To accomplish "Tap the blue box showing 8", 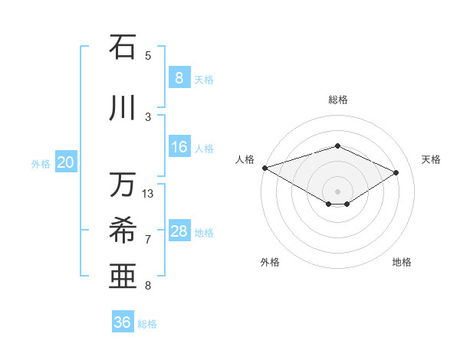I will coord(179,77).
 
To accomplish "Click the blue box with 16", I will coord(179,147).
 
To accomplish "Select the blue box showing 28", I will coord(179,231).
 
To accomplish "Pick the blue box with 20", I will coord(66,162).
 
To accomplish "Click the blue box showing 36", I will coord(123,322).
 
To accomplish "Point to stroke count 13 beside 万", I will coord(148,194).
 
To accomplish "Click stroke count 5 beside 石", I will coord(148,55).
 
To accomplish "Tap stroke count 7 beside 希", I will coord(148,240).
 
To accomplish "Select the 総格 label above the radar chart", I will coord(337,100).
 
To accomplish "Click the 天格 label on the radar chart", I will coord(431,159).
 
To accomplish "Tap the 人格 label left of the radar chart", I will coord(245,159).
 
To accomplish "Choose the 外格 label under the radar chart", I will coord(270,262).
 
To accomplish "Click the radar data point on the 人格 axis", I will coord(264,167).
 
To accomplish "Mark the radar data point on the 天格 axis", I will coord(396,172).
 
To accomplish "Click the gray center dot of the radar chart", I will coord(337,191).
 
